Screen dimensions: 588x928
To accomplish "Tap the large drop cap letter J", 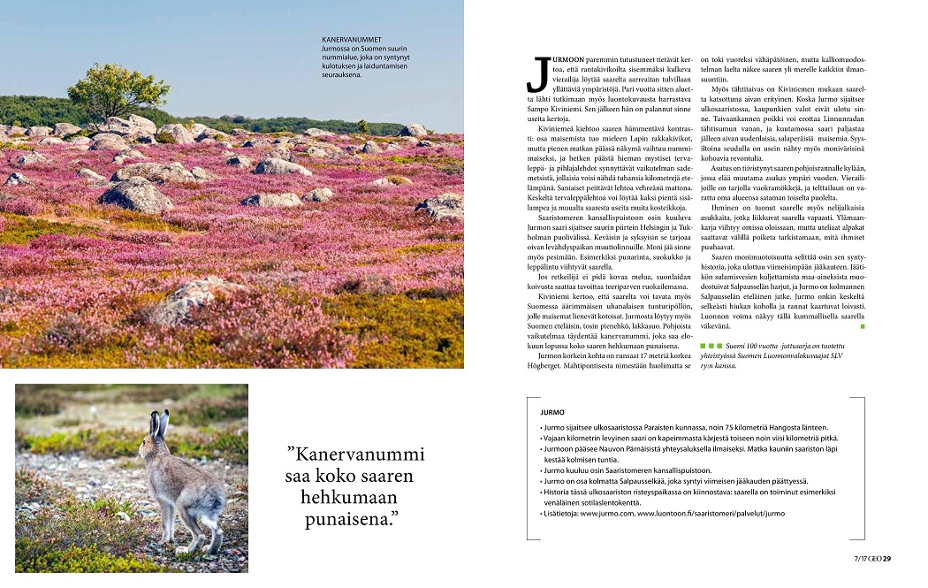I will [536, 74].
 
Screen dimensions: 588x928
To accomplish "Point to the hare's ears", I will [159, 425].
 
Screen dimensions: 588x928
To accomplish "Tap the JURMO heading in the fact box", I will [552, 412].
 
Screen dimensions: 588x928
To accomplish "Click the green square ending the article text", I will [863, 326].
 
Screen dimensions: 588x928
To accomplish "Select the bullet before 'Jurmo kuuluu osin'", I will [542, 470].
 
